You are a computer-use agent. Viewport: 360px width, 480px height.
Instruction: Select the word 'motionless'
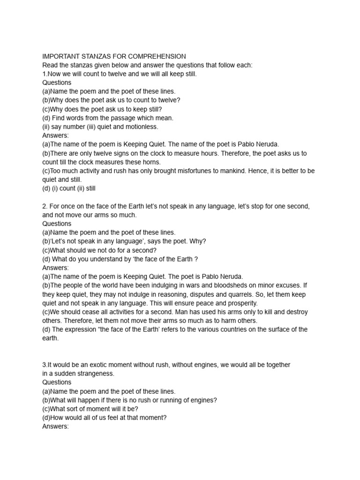tap(142, 127)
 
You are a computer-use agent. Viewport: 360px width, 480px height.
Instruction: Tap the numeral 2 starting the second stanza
tap(44, 206)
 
